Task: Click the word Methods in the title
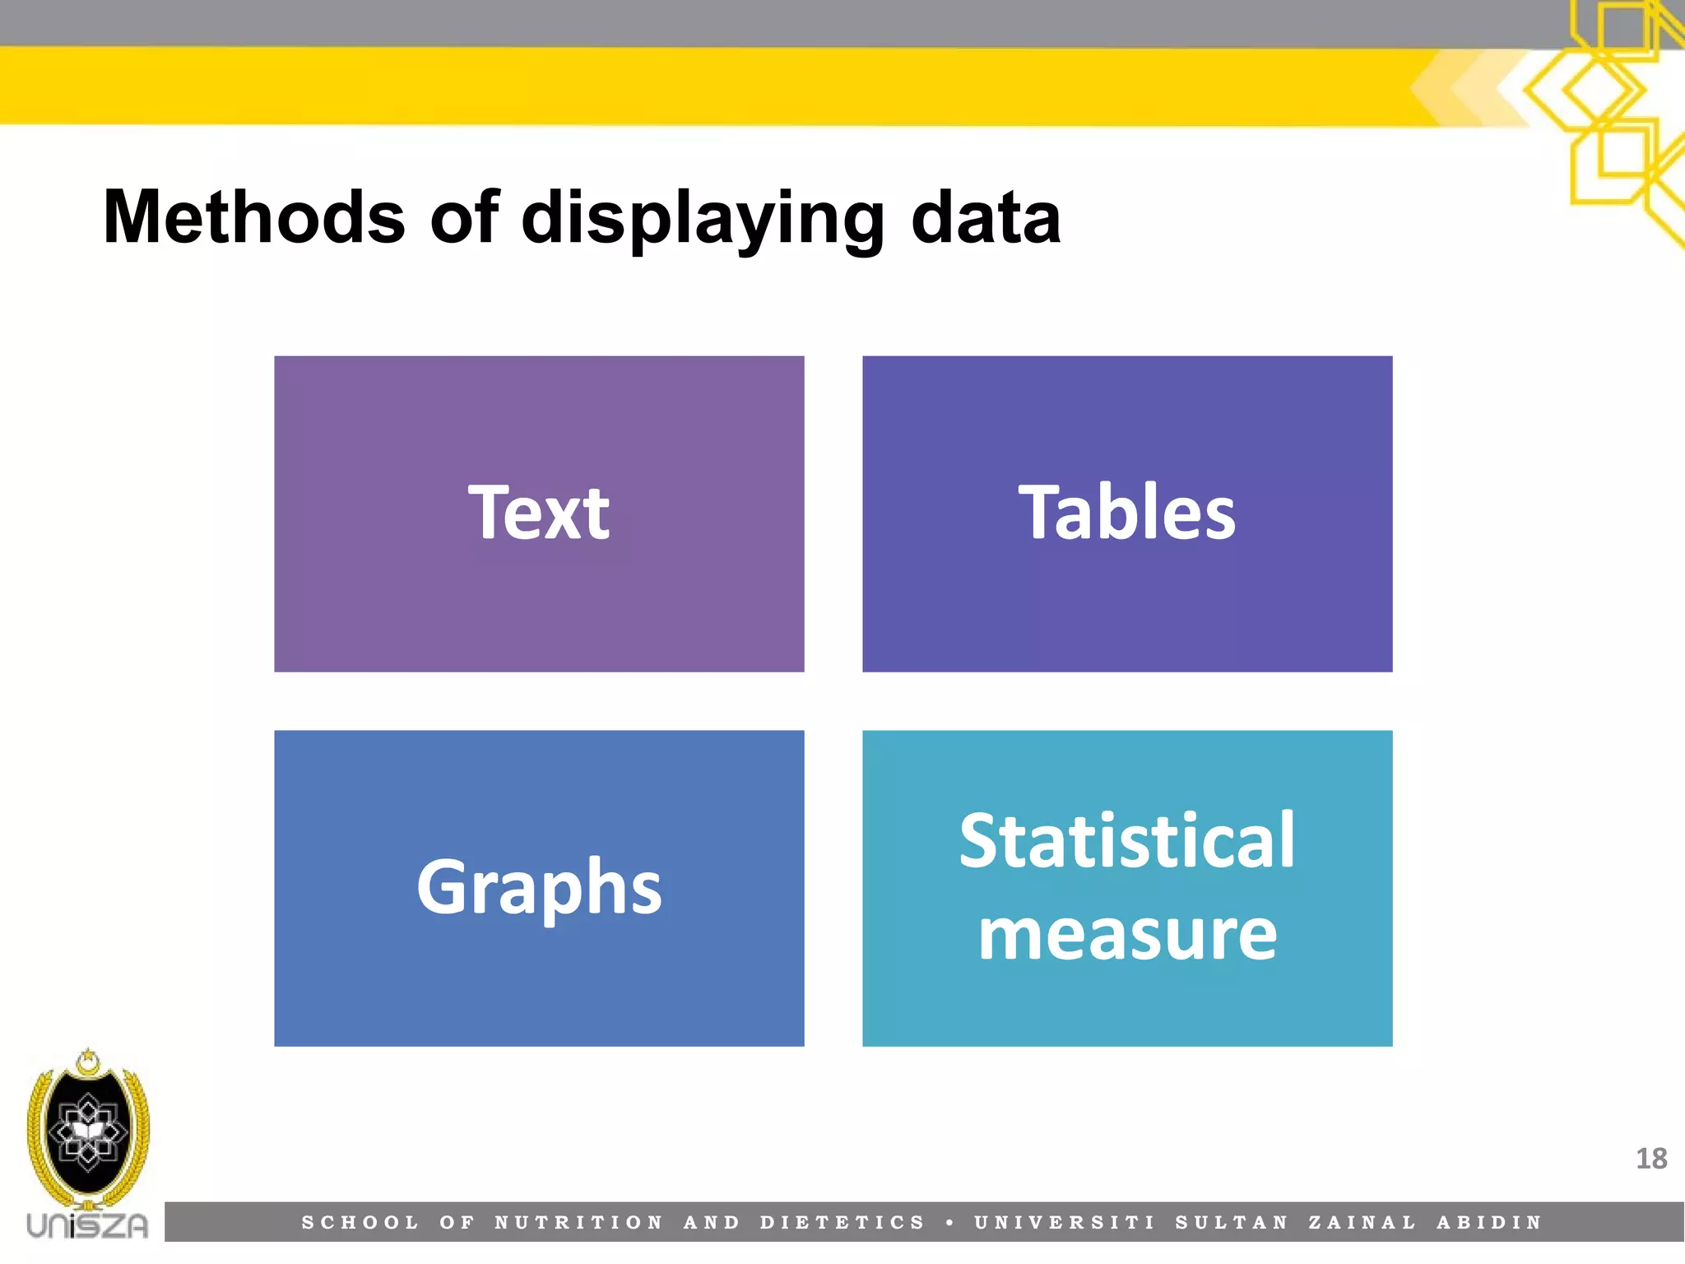pyautogui.click(x=254, y=217)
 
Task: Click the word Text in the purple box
pyautogui.click(x=539, y=513)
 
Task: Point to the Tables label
pyautogui.click(x=1126, y=513)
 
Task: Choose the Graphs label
pyautogui.click(x=539, y=888)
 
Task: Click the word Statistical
pyautogui.click(x=1127, y=840)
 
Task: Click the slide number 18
pyautogui.click(x=1650, y=1159)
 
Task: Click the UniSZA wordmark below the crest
pyautogui.click(x=87, y=1225)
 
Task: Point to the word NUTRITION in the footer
pyautogui.click(x=578, y=1223)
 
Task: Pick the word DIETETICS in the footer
pyautogui.click(x=842, y=1223)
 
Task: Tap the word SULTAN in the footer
pyautogui.click(x=1232, y=1223)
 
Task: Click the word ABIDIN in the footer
pyautogui.click(x=1489, y=1223)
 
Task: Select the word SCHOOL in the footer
pyautogui.click(x=360, y=1223)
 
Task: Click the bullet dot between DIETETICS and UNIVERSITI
pyautogui.click(x=950, y=1223)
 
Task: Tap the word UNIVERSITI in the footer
pyautogui.click(x=1065, y=1223)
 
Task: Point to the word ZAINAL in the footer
pyautogui.click(x=1362, y=1223)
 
